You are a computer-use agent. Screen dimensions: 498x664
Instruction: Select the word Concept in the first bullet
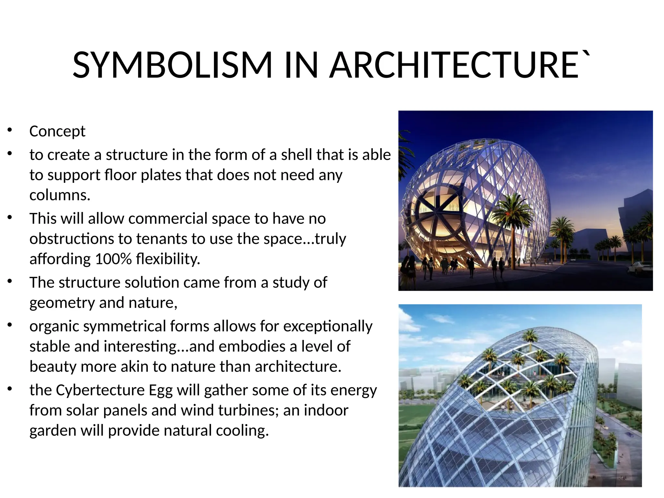tap(57, 131)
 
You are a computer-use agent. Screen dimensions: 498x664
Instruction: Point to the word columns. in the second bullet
tap(60, 195)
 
